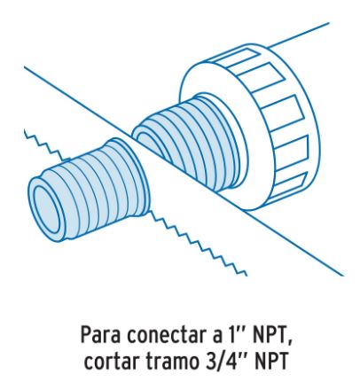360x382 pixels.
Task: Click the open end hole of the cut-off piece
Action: [x=46, y=209]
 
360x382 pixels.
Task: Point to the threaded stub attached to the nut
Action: [x=189, y=142]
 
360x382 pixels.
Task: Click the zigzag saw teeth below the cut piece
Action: [x=198, y=243]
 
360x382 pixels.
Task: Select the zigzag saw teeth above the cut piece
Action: [x=44, y=145]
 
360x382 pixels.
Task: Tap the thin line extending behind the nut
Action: [x=299, y=35]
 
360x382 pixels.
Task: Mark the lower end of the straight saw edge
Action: [x=343, y=276]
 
